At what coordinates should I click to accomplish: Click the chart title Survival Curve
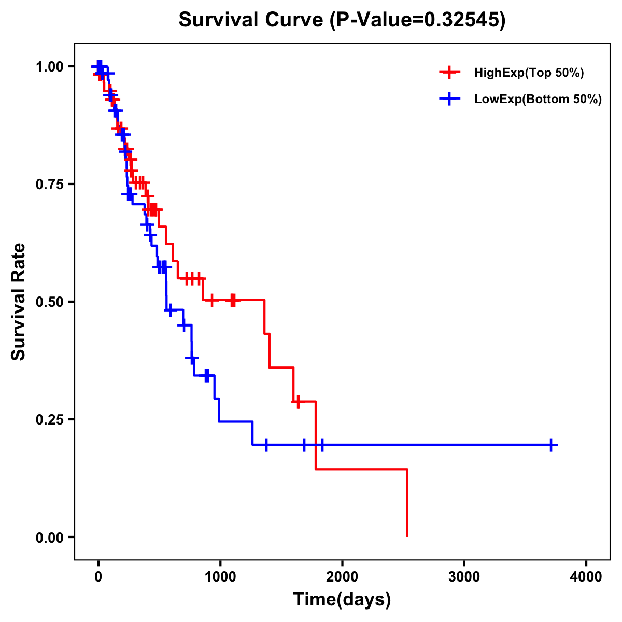252,20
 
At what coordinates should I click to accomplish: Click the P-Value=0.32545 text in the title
418,20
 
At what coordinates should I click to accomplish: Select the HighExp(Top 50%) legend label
529,73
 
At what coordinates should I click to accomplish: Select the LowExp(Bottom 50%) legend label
538,100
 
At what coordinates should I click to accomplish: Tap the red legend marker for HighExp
449,73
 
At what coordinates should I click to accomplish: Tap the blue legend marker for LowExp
449,100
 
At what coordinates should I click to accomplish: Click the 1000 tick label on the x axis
220,577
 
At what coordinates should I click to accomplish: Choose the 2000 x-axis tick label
342,577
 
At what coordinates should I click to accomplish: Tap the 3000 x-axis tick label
464,577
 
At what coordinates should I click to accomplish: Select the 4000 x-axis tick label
586,577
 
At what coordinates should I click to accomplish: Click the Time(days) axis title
342,600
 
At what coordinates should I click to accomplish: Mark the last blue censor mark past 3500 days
552,445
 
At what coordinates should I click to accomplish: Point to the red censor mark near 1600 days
298,402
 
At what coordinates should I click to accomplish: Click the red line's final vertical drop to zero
407,503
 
